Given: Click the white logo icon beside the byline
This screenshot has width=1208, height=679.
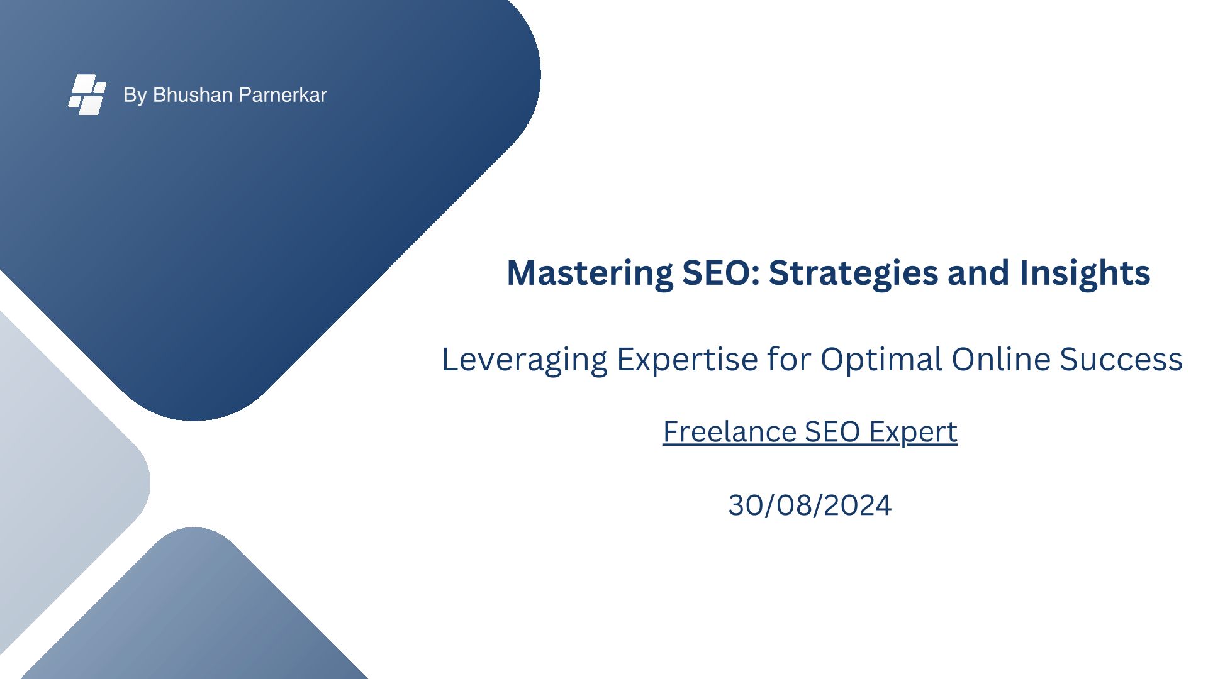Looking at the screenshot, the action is tap(87, 94).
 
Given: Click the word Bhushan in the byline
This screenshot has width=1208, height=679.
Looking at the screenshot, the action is tap(193, 95).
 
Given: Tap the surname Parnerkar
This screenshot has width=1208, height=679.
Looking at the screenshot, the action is tap(283, 95).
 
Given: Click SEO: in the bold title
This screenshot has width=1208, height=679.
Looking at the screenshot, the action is tap(721, 273).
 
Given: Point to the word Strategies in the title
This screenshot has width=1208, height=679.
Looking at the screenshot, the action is tap(854, 273).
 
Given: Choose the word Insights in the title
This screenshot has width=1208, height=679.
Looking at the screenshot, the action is tap(1085, 273).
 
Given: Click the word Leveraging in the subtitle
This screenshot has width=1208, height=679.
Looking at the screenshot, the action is tap(525, 360).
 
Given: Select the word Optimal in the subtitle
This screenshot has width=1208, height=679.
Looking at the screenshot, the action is tap(881, 360).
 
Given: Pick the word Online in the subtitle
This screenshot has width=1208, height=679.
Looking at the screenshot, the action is tap(1001, 360).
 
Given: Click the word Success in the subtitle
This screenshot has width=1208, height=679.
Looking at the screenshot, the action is tap(1121, 360).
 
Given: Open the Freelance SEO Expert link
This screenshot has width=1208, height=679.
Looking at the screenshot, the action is tap(810, 433).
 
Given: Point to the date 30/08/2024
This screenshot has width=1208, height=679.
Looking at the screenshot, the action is tap(810, 505).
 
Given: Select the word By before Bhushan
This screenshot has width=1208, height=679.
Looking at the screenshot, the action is tap(135, 95).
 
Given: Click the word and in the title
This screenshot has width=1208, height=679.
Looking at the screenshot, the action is tap(979, 273).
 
